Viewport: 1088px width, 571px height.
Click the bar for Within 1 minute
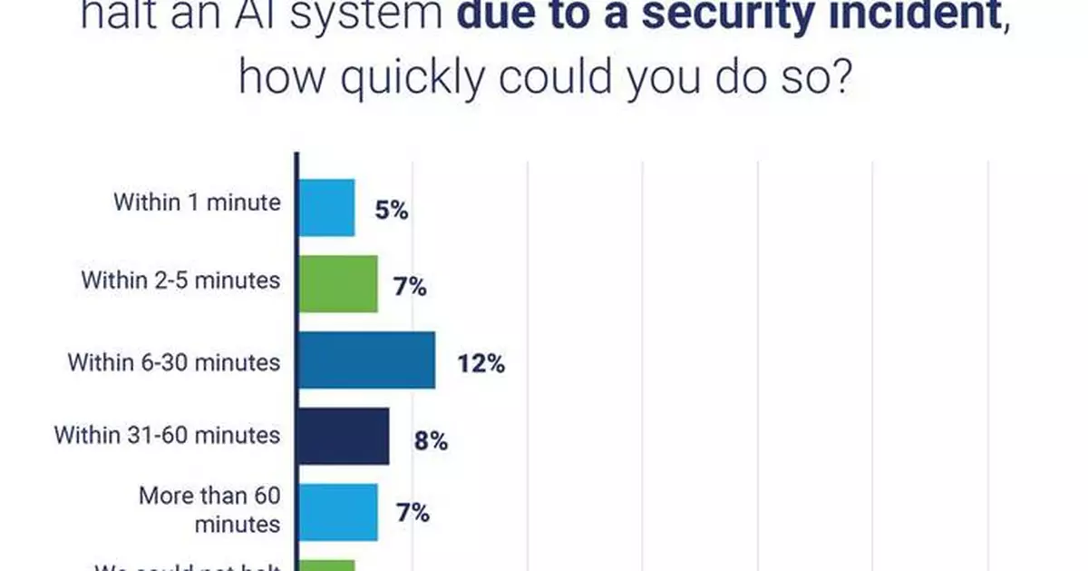326,207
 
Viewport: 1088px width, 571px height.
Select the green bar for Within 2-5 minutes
337,283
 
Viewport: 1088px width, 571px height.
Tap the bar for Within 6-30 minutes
366,360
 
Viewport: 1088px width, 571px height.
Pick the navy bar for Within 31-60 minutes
344,436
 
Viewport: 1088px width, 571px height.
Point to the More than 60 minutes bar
337,511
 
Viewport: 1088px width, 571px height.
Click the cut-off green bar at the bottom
326,565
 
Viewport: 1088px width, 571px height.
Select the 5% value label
392,211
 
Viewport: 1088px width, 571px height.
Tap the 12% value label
481,364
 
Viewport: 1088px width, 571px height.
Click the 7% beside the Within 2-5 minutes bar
410,288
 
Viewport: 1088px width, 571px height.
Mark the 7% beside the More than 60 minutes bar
412,514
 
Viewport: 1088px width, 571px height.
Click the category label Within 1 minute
197,202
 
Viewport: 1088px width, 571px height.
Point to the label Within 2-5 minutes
180,280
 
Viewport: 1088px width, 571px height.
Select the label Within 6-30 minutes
174,361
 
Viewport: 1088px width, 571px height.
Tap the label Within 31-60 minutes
168,434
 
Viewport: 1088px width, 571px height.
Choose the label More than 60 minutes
209,509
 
